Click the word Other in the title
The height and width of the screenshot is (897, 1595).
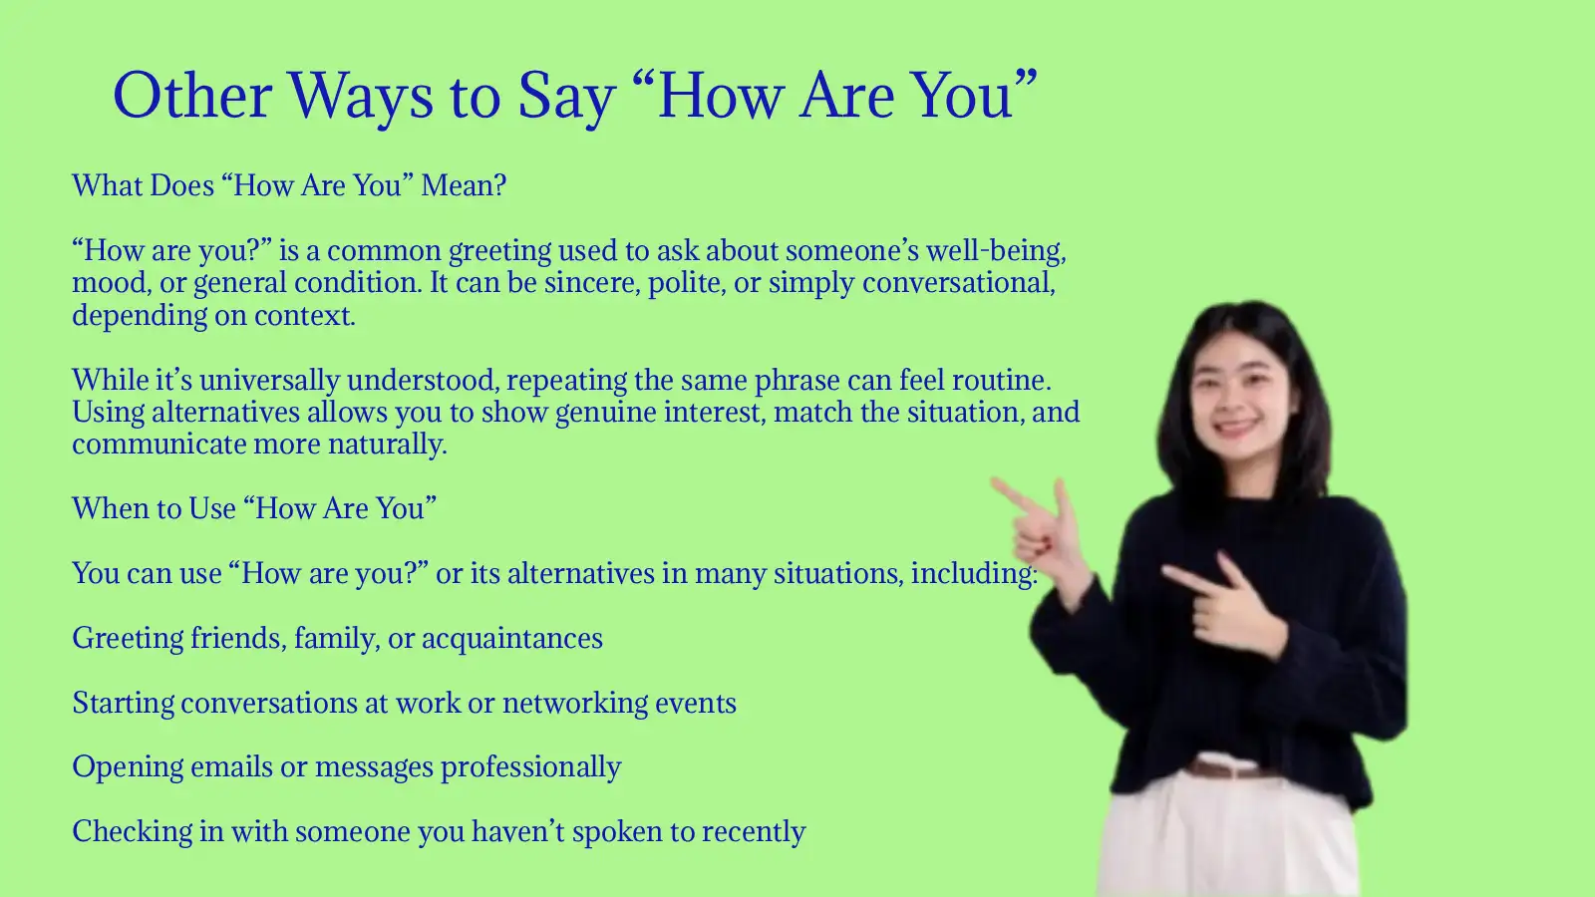192,97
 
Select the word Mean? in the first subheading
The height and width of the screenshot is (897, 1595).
464,186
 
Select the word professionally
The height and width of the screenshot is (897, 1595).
530,767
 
